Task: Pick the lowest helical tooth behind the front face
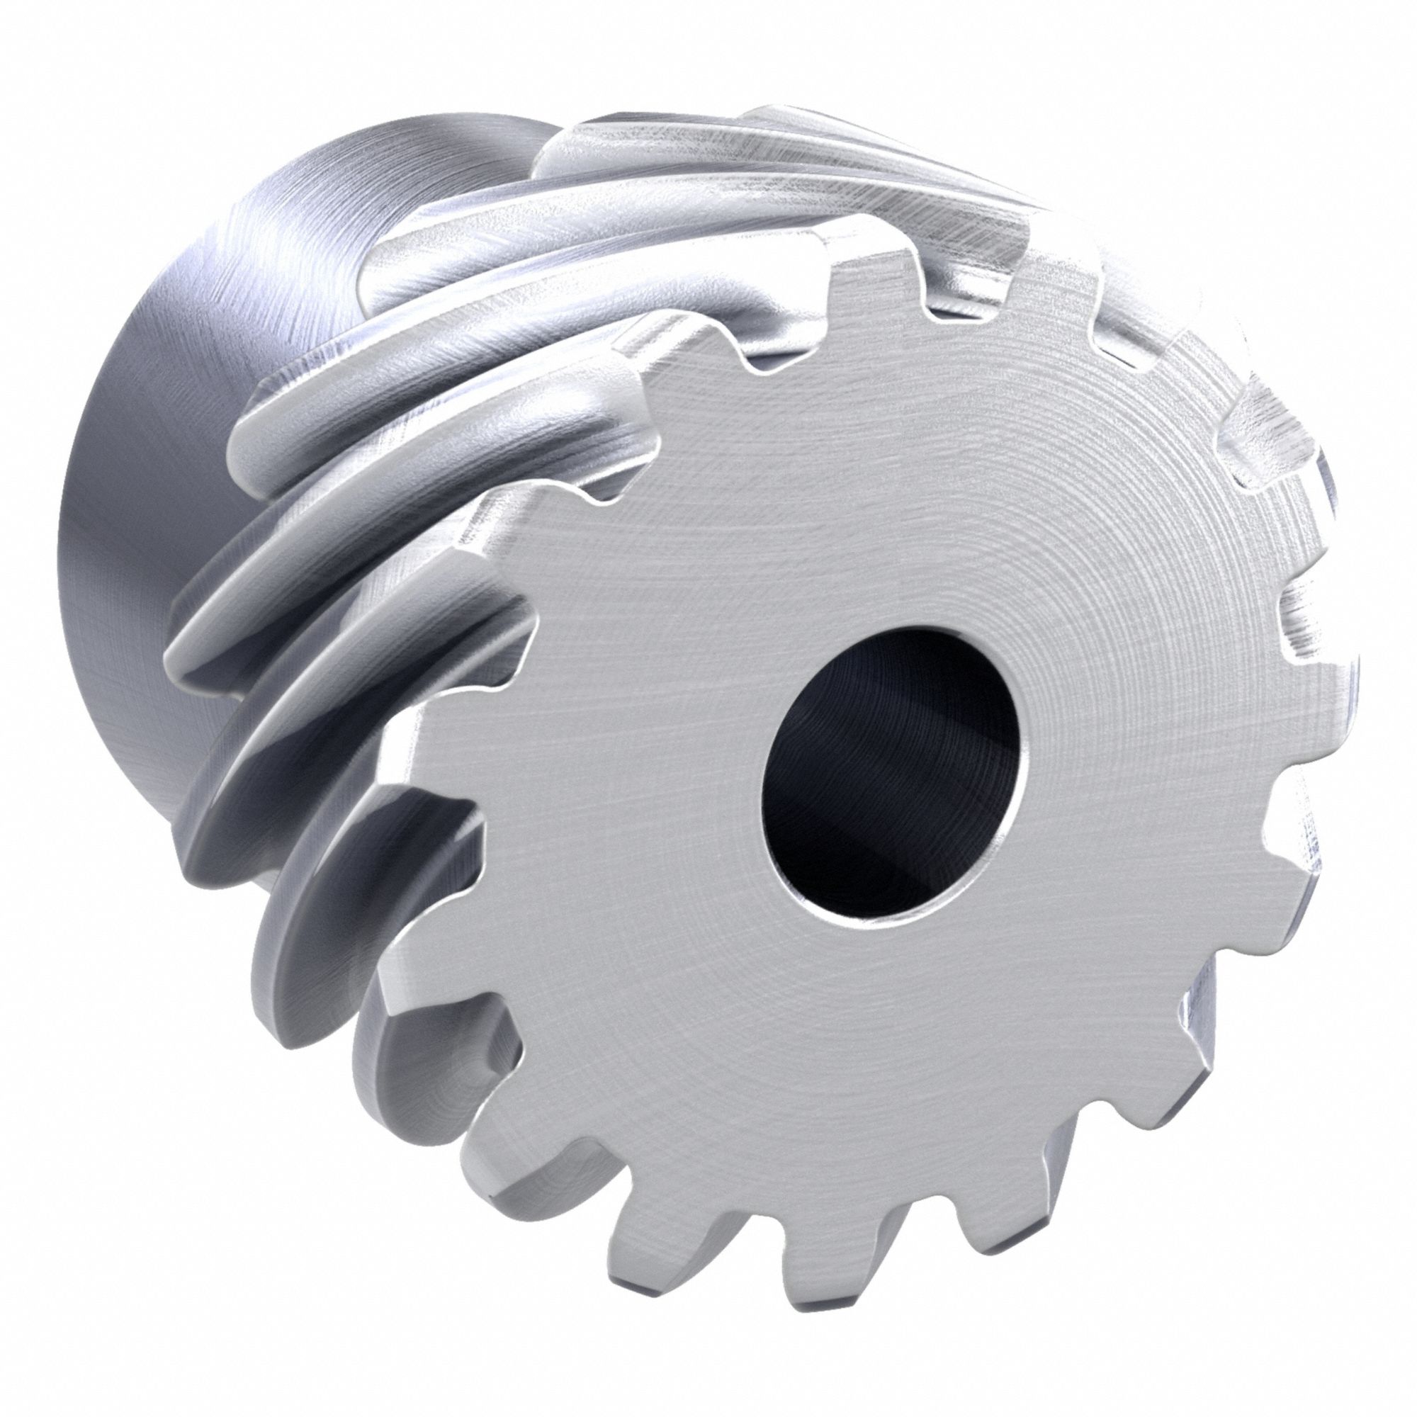(411, 1056)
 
